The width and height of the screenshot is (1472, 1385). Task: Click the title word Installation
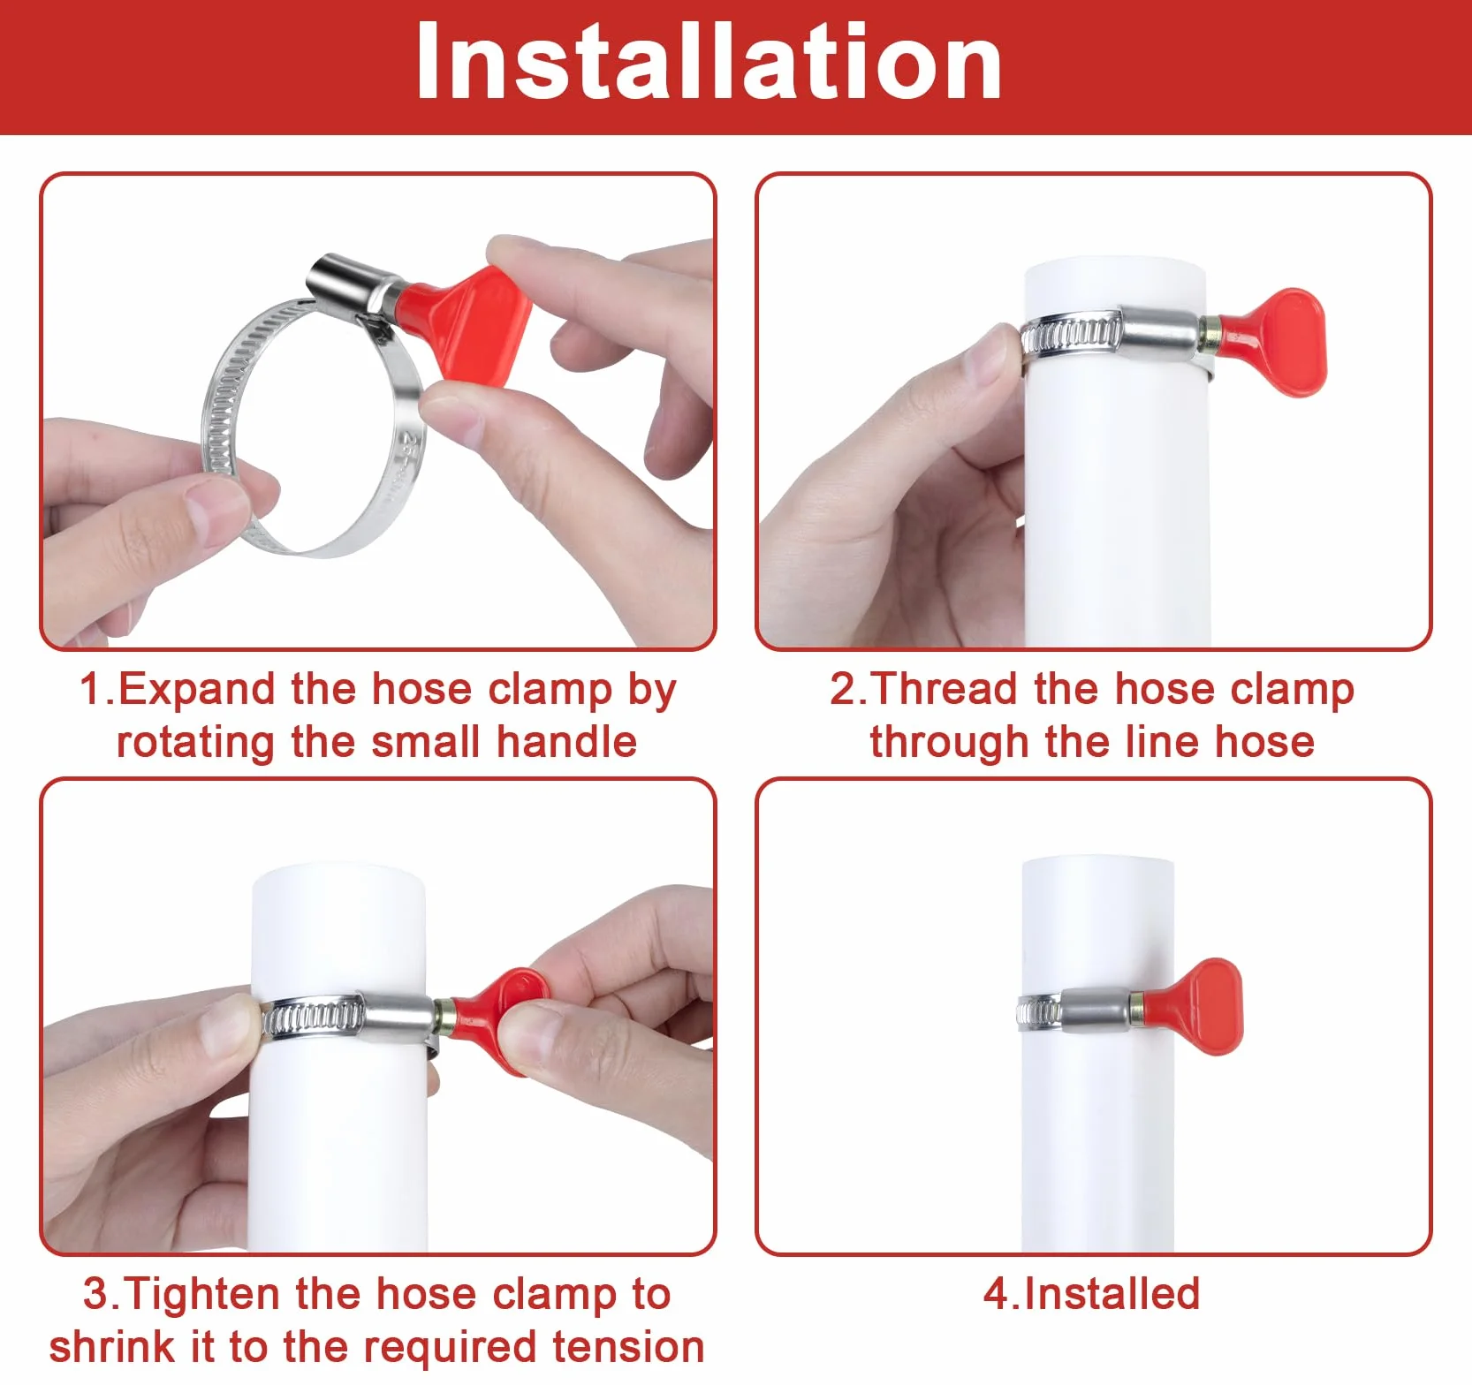(709, 62)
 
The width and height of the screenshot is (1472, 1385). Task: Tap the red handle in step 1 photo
(464, 322)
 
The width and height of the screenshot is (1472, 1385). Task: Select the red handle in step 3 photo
(499, 1016)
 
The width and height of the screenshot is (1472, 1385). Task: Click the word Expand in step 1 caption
(196, 690)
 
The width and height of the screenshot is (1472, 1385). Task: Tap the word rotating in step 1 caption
(195, 742)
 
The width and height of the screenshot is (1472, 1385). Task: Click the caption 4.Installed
(1092, 1294)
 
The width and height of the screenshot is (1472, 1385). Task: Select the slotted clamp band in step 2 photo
(1072, 335)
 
